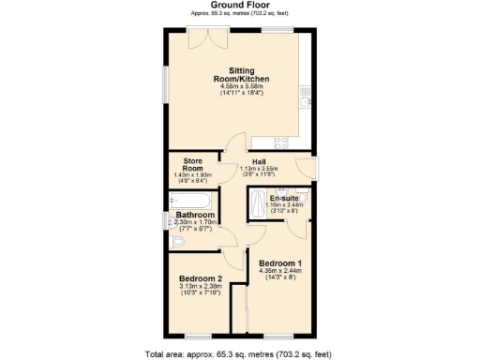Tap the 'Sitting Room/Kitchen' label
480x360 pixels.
tap(229, 75)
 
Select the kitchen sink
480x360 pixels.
tap(306, 97)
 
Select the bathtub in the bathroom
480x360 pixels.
tap(190, 200)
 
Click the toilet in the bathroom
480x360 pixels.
tap(181, 242)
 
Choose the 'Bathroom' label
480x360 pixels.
tap(196, 215)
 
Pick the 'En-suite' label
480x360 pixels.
tap(283, 199)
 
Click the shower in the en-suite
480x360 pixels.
tap(257, 201)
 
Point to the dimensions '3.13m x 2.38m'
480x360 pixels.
tap(201, 287)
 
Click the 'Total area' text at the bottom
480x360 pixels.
tap(238, 354)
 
